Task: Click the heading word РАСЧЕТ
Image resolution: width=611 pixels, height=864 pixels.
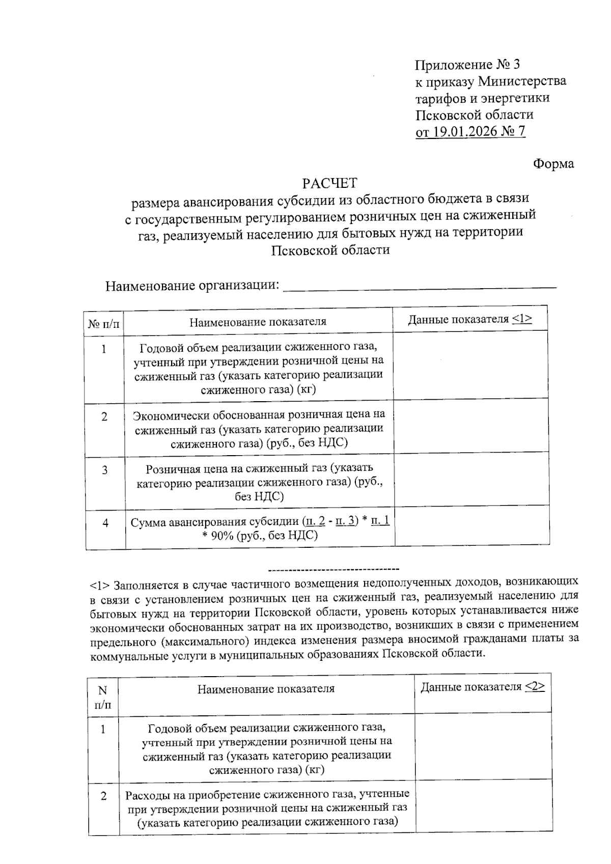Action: [329, 183]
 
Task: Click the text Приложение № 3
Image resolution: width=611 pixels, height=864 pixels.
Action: [467, 65]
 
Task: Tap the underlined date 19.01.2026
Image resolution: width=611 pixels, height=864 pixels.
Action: [464, 132]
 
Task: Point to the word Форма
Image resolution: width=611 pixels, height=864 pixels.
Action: [553, 164]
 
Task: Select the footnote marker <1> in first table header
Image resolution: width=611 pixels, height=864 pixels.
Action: [522, 319]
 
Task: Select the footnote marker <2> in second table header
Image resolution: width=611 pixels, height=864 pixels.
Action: [535, 687]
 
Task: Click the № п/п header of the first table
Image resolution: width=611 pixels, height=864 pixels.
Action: [104, 324]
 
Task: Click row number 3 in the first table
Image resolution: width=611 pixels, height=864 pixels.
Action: [105, 470]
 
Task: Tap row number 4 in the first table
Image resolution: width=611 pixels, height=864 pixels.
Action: [105, 523]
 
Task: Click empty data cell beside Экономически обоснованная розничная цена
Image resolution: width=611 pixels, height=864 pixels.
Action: [470, 428]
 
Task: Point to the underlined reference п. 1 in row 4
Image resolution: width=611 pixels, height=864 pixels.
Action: [380, 521]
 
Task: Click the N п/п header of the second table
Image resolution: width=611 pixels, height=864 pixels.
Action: [103, 698]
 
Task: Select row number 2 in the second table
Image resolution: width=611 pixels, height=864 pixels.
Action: [104, 796]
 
